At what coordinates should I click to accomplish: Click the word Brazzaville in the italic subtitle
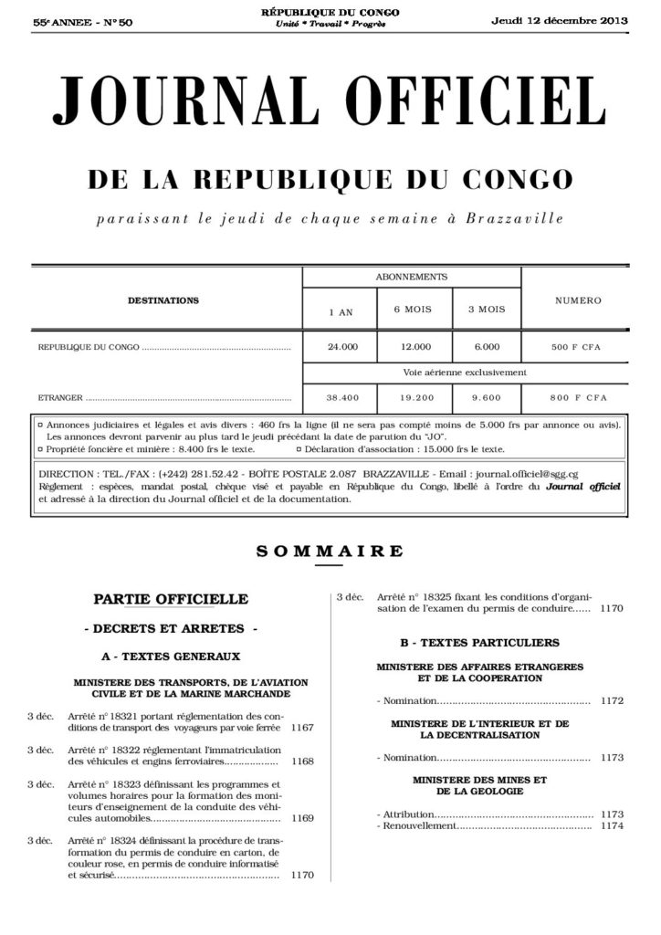(514, 219)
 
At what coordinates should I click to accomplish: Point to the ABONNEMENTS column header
(411, 276)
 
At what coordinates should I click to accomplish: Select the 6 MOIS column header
(411, 310)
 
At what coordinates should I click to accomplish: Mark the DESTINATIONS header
(163, 299)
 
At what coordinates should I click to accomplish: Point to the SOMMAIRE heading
(330, 551)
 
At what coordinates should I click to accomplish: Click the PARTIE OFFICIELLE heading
(171, 599)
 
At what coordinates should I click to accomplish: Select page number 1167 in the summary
(301, 728)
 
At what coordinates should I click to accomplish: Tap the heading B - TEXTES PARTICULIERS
(479, 642)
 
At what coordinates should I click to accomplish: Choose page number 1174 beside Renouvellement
(612, 825)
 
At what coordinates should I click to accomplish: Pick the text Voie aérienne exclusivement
(465, 373)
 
